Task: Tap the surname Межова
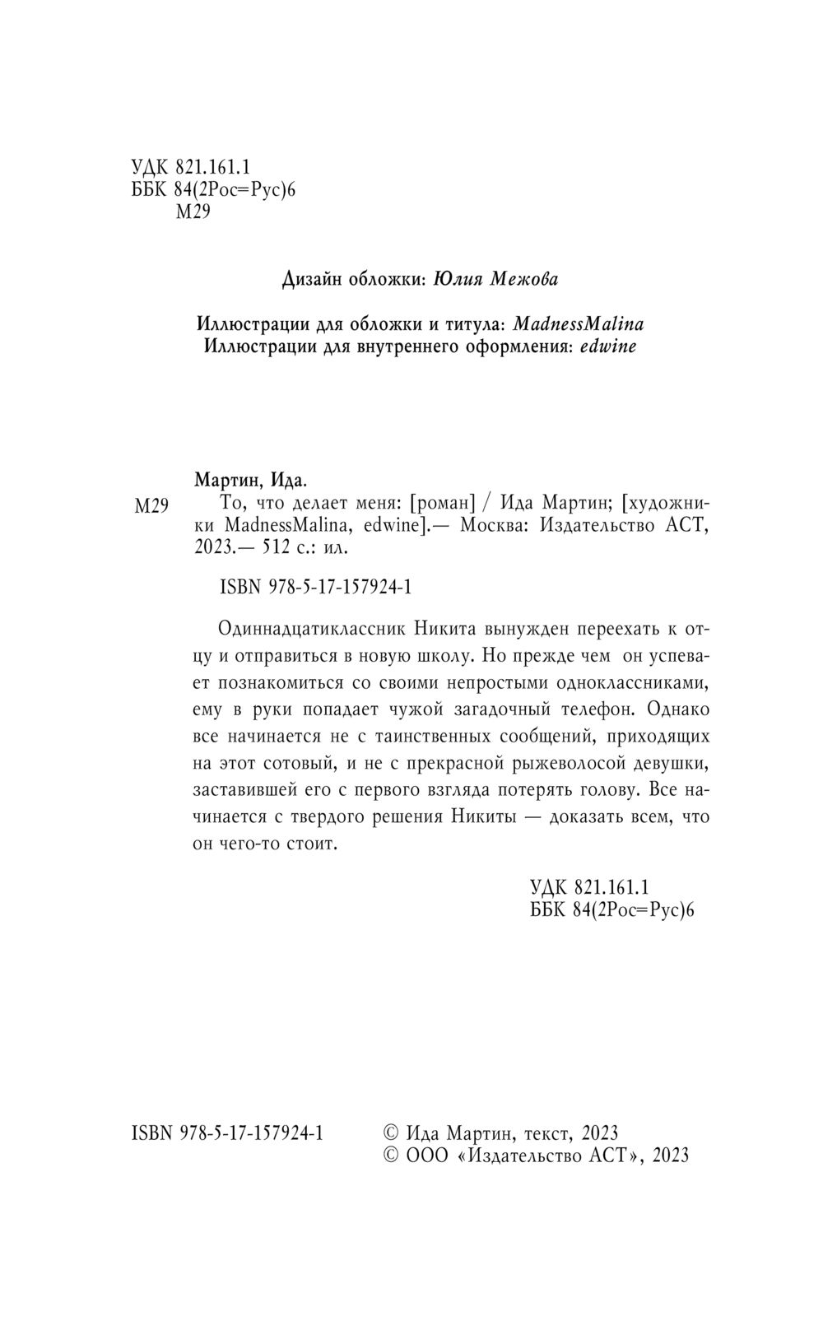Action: [x=523, y=280]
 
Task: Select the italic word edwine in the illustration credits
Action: [x=608, y=346]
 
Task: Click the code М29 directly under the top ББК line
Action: [x=194, y=213]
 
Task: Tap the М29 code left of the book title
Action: [x=151, y=506]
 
